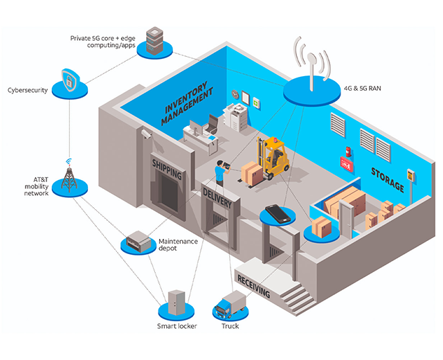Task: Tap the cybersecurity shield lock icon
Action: coord(73,81)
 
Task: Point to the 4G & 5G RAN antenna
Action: coord(311,66)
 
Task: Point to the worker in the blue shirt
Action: coord(219,172)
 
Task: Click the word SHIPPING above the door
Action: coord(167,169)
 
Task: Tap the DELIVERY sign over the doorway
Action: coord(218,194)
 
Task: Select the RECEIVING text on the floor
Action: coord(253,284)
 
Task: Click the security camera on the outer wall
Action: coord(146,133)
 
